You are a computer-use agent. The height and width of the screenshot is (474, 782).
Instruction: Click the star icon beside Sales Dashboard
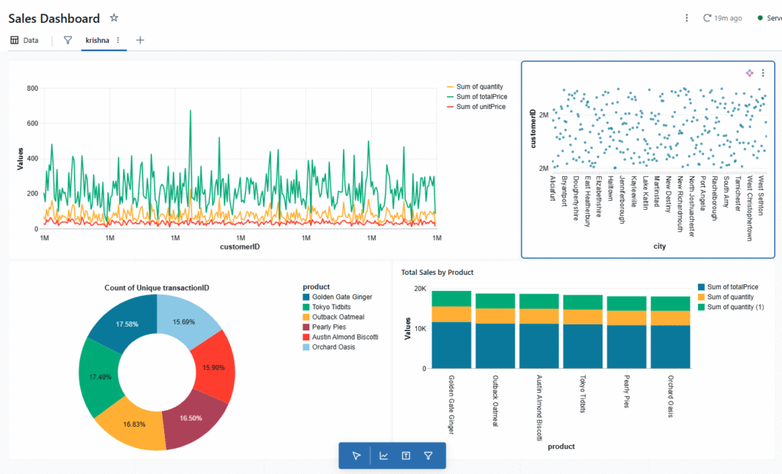click(114, 18)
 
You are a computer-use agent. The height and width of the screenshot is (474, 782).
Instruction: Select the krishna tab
click(96, 40)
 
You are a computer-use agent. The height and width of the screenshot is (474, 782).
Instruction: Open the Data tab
click(24, 40)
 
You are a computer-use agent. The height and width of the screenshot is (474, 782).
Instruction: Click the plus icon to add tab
click(140, 40)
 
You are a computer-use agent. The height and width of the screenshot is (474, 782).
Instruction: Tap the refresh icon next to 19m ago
click(707, 18)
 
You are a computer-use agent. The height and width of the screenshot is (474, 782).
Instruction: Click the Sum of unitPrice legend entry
click(480, 107)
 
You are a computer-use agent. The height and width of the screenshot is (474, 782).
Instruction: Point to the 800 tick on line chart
click(32, 89)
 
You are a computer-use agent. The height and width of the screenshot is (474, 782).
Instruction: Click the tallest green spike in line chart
click(189, 111)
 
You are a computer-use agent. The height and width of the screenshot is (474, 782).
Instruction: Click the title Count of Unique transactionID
click(157, 287)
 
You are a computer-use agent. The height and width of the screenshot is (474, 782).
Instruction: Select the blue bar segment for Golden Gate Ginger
click(451, 345)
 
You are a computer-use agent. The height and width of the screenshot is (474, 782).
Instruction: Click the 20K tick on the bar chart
click(419, 289)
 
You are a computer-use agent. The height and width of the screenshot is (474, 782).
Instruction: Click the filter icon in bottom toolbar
click(428, 456)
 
